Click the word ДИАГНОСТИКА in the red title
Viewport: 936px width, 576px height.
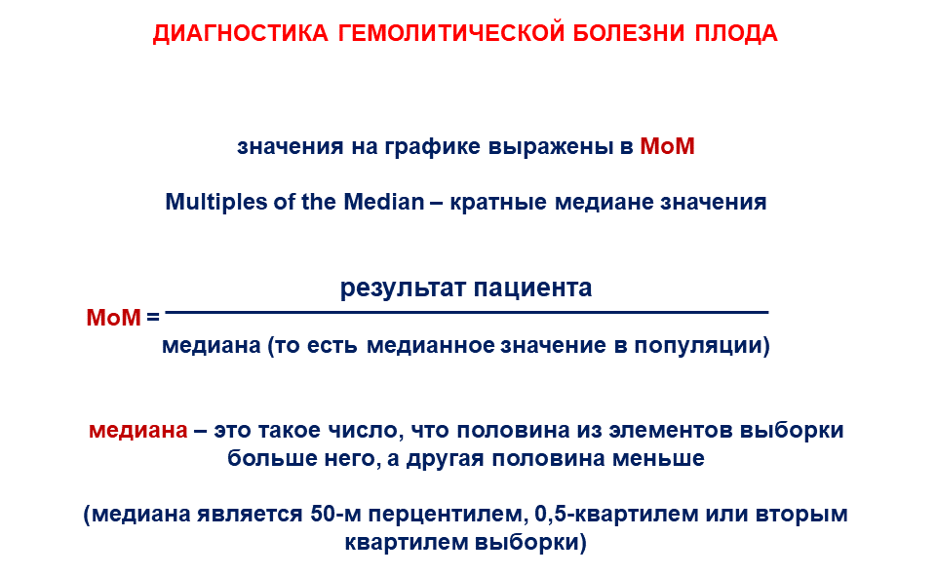point(241,33)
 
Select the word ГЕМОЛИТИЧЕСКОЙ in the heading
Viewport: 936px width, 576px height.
point(451,33)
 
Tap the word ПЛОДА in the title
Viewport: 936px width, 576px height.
point(736,33)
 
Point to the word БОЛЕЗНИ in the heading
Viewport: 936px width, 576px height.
point(629,33)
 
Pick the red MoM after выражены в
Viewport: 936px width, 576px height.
point(667,146)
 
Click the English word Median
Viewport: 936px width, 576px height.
point(384,202)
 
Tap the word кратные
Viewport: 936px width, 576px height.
point(498,203)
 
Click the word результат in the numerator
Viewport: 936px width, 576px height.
point(403,288)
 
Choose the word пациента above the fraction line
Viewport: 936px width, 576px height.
point(532,288)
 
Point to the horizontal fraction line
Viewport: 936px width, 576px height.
point(467,312)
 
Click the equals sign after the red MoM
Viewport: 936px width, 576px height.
point(153,318)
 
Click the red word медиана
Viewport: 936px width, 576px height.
point(137,431)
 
